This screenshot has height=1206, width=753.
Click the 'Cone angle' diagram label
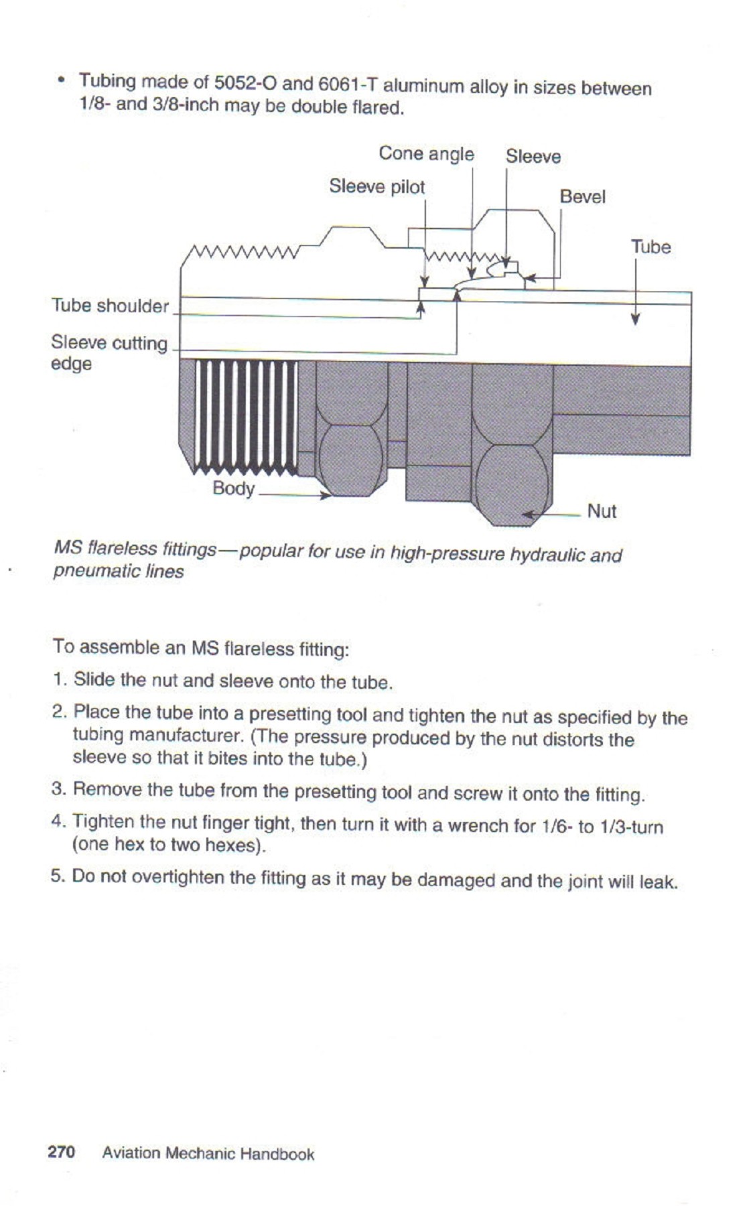tap(426, 154)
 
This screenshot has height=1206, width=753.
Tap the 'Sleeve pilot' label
tap(376, 187)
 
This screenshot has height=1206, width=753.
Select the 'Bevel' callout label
tap(582, 197)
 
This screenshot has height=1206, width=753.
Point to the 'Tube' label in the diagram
tap(651, 247)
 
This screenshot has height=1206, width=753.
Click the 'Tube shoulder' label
tap(111, 306)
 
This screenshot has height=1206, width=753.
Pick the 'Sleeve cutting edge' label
tap(109, 352)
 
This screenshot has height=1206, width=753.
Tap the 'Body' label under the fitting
tap(233, 488)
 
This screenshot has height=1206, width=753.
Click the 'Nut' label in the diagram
tap(601, 512)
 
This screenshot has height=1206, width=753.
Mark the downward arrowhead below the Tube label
tap(635, 320)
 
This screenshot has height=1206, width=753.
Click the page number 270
tap(61, 1152)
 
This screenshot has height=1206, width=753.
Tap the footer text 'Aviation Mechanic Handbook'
tap(208, 1154)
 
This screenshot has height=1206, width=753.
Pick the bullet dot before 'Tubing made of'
tap(61, 81)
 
